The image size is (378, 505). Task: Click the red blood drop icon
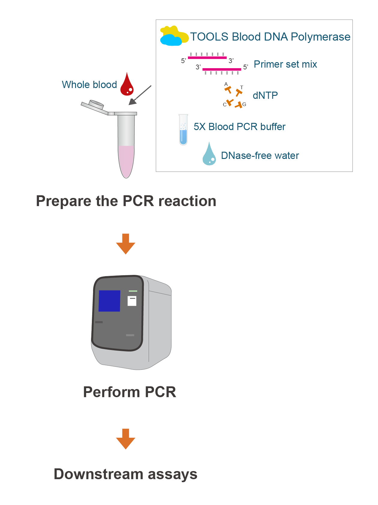pos(127,86)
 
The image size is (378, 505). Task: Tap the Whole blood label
pos(89,85)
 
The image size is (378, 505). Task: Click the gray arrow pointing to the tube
pos(140,95)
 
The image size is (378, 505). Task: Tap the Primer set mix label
pos(285,64)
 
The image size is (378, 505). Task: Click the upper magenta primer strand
pos(207,57)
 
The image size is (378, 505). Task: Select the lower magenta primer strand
pos(222,69)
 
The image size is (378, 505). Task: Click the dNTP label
pos(265,96)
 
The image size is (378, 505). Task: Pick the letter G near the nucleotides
pos(244,105)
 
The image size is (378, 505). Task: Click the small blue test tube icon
pos(183,130)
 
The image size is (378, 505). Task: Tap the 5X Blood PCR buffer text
pos(239,127)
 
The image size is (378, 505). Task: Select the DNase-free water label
pos(260,156)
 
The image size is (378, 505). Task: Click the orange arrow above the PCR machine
pos(125,244)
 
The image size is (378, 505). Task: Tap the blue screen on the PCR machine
pos(109,301)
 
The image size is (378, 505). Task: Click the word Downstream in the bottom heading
pos(98,474)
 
